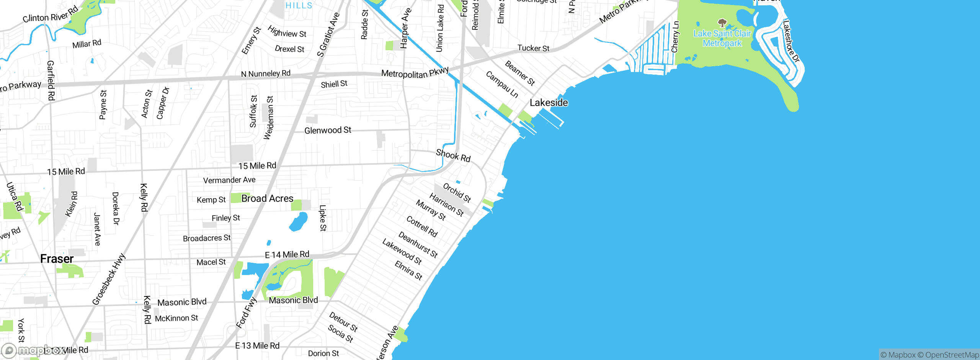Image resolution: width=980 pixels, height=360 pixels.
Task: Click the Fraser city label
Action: (57, 259)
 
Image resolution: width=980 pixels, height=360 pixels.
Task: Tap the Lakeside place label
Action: (549, 103)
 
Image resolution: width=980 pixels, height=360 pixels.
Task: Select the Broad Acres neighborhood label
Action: (267, 198)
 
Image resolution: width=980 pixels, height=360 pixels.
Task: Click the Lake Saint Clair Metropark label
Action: (722, 38)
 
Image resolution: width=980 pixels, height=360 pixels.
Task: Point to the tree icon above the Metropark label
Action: (722, 23)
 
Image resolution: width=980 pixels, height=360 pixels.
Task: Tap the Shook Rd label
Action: (453, 156)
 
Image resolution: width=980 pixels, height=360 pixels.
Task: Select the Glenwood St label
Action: (328, 130)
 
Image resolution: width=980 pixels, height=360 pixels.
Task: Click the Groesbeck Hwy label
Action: (109, 279)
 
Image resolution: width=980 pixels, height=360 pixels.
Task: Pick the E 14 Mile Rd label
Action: (287, 255)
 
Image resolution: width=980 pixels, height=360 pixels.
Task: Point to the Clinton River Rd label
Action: (51, 15)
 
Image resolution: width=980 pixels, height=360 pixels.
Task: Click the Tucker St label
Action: (533, 48)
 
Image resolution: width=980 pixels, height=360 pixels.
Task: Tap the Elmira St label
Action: (408, 270)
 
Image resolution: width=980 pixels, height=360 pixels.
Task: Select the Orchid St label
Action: (457, 193)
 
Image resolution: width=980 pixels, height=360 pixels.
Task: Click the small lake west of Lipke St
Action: (298, 222)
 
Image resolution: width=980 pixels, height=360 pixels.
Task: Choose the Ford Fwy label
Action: (246, 313)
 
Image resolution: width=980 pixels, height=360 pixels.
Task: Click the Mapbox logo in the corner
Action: (33, 350)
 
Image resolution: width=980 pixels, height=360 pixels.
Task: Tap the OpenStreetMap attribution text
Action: (952, 355)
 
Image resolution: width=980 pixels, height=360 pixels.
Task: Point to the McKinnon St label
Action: (176, 318)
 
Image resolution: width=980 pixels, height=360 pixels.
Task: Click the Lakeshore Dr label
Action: (791, 41)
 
